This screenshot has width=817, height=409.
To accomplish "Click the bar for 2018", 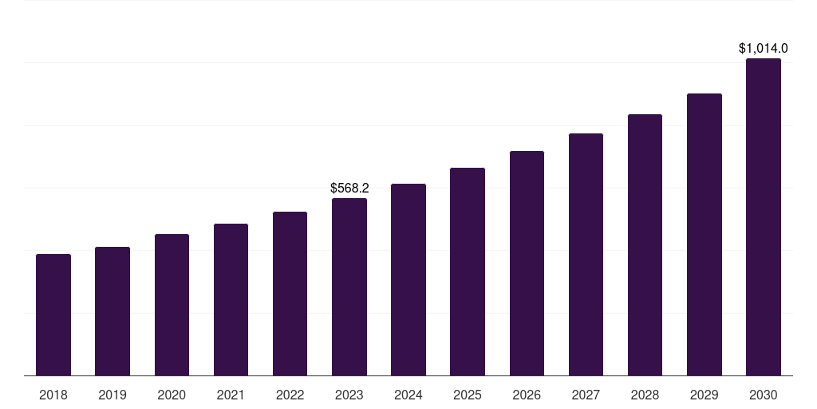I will click(x=53, y=315).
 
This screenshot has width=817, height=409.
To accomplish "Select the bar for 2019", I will click(x=112, y=312).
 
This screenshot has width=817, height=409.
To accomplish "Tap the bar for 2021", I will click(x=231, y=300).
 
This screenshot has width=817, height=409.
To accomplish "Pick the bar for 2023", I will click(x=349, y=287).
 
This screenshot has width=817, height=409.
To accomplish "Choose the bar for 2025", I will click(x=468, y=272).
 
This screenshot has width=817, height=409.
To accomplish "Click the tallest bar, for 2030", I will click(x=764, y=216).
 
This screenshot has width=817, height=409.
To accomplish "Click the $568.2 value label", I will click(x=349, y=189).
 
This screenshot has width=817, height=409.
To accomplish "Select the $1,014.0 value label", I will click(x=764, y=49).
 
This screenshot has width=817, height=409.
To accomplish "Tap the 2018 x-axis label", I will click(x=53, y=395).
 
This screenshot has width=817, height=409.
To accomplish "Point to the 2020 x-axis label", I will click(x=172, y=395).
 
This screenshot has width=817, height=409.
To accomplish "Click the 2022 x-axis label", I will click(x=290, y=395).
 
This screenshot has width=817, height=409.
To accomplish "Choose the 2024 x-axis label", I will click(x=408, y=395).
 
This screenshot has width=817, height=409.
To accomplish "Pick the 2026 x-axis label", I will click(x=527, y=395).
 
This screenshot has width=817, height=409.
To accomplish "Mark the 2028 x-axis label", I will click(x=645, y=395).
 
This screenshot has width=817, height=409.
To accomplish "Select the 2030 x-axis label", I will click(x=764, y=395).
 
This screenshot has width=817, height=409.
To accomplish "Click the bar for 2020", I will click(x=172, y=304).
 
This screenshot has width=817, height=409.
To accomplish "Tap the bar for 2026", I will click(x=527, y=263).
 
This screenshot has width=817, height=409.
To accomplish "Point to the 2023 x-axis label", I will click(x=349, y=395).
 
